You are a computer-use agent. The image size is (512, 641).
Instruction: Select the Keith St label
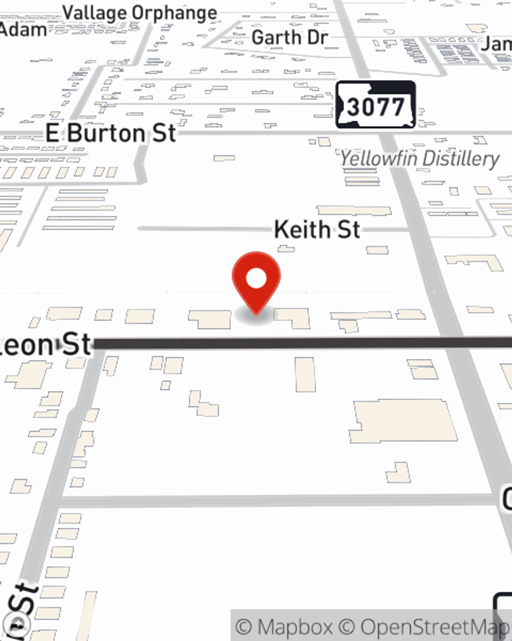(x=317, y=229)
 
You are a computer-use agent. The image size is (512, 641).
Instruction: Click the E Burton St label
(x=111, y=133)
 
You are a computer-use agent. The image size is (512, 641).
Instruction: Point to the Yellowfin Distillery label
(x=419, y=158)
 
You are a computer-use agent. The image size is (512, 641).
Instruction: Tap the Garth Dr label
(x=289, y=37)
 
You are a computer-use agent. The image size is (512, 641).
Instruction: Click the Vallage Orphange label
(x=140, y=13)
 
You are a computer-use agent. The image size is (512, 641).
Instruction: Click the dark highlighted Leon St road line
(x=307, y=343)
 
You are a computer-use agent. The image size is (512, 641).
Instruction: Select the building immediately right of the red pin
(x=293, y=317)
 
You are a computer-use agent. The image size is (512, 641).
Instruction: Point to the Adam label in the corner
(x=23, y=29)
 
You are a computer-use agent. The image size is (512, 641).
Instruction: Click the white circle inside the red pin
(x=256, y=278)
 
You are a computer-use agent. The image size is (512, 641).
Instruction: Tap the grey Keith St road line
(x=205, y=229)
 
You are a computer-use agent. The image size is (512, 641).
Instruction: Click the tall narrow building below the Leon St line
(x=305, y=374)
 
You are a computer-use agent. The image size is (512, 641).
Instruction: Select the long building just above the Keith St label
(x=353, y=210)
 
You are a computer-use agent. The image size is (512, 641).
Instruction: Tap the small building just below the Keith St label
(x=286, y=249)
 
